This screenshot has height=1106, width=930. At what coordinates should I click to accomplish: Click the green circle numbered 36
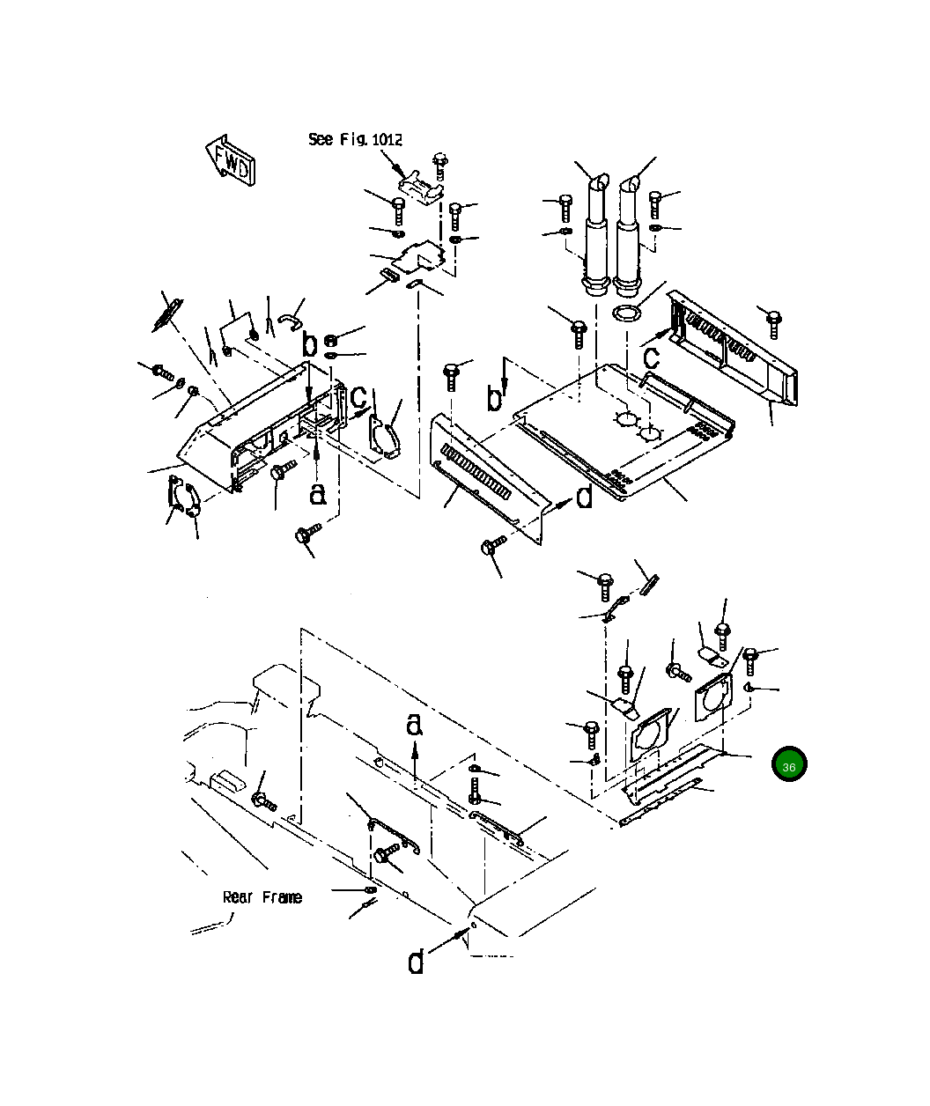(788, 765)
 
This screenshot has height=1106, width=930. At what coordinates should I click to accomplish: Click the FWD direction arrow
(231, 159)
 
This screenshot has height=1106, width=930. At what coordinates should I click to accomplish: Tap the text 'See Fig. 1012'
(355, 139)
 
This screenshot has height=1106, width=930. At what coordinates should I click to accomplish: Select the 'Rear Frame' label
(262, 897)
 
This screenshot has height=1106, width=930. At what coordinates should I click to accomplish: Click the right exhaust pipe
(628, 236)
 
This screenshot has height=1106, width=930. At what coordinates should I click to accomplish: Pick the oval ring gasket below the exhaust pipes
(626, 313)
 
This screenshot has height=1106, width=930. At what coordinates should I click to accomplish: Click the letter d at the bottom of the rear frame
(416, 962)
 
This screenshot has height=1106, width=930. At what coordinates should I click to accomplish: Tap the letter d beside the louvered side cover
(585, 498)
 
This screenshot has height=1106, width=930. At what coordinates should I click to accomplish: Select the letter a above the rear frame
(415, 725)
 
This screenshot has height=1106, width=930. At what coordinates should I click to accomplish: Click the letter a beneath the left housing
(318, 494)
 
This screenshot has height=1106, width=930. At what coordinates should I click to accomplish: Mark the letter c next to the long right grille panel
(651, 357)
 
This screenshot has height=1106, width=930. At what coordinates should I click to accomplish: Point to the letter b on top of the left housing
(309, 343)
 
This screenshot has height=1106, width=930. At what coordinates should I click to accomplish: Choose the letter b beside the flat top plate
(496, 399)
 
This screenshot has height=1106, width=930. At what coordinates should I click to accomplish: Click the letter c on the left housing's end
(359, 397)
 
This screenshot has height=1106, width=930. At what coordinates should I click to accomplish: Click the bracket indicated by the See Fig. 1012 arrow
(418, 188)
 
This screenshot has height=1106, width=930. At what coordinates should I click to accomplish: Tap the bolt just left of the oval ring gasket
(579, 333)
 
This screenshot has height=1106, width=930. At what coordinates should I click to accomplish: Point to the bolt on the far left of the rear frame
(263, 800)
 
